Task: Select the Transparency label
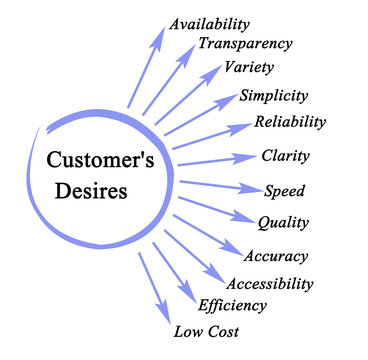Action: pyautogui.click(x=245, y=44)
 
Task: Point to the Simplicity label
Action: pyautogui.click(x=274, y=96)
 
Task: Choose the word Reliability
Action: pyautogui.click(x=291, y=122)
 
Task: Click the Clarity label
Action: pyautogui.click(x=285, y=156)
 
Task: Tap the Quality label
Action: pyautogui.click(x=283, y=222)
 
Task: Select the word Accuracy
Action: pyautogui.click(x=275, y=257)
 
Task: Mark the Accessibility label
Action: pyautogui.click(x=270, y=285)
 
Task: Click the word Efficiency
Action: pyautogui.click(x=232, y=306)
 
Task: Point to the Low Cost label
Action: pyautogui.click(x=206, y=331)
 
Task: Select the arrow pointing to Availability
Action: pyautogui.click(x=146, y=66)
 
